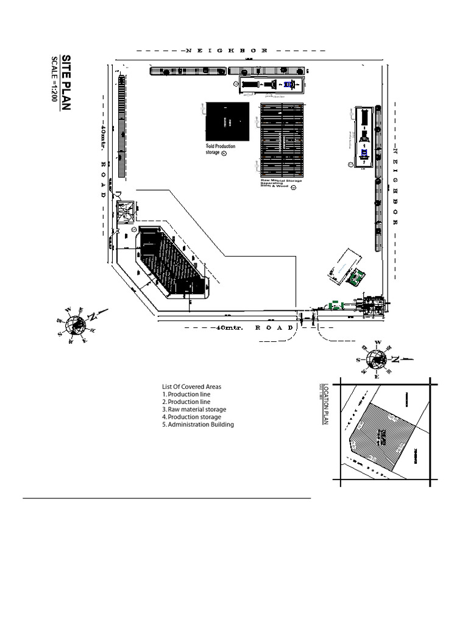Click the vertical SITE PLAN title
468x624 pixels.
pos(66,82)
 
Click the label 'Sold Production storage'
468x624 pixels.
pos(220,149)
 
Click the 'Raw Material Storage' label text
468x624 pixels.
pos(281,181)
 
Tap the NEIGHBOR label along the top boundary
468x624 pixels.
pos(226,51)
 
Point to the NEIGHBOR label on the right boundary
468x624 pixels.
pos(395,186)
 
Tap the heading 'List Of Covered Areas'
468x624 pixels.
pos(191,387)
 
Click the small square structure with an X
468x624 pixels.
pos(127,211)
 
